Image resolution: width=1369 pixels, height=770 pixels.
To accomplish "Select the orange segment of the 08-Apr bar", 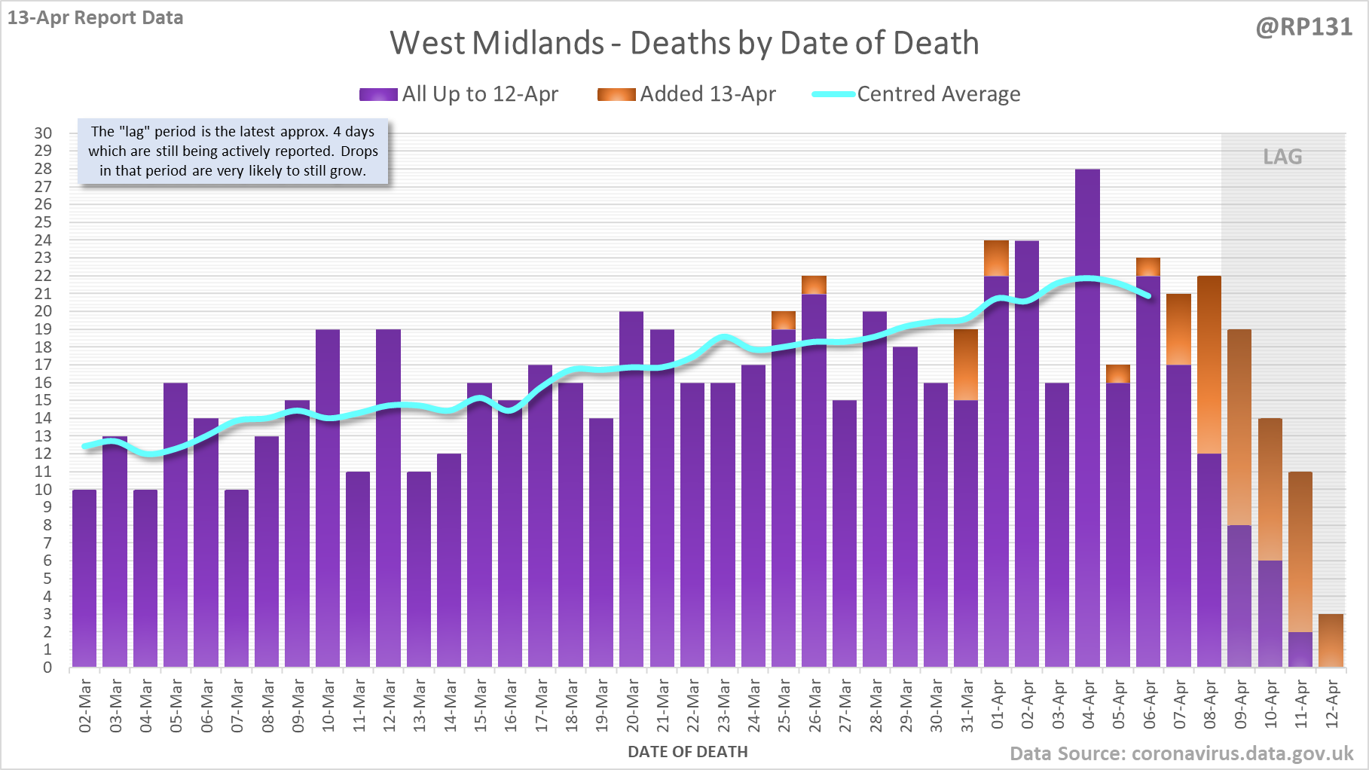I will tap(1209, 365).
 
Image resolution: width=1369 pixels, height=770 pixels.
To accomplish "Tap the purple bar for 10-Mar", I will tap(328, 497).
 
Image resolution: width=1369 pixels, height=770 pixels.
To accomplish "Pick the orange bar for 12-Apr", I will tap(1331, 640).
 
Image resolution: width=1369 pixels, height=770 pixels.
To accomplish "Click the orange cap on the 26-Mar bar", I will tap(814, 285).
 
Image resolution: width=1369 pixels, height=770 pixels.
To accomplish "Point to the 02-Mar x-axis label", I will tap(85, 705).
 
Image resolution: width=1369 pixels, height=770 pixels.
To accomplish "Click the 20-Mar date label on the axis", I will tap(632, 705).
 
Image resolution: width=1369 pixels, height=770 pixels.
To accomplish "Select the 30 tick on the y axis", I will tap(43, 133).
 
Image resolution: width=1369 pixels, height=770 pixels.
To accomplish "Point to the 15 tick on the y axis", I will tap(43, 400).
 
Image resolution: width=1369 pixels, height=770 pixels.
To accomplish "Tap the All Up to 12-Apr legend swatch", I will tap(378, 94).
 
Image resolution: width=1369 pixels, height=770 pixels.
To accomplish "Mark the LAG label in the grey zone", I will tap(1282, 157).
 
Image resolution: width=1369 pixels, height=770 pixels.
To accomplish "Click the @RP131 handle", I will tap(1303, 27).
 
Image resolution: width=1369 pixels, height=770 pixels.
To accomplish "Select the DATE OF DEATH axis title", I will tap(687, 752).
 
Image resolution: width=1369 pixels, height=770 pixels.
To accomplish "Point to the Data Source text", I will tap(1181, 753).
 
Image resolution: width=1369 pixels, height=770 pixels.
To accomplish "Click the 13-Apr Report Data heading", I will tap(96, 18).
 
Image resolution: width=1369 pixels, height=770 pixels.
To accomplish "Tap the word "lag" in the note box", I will tap(135, 131).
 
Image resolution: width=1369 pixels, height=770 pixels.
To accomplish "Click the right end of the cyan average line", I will tap(1147, 295).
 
